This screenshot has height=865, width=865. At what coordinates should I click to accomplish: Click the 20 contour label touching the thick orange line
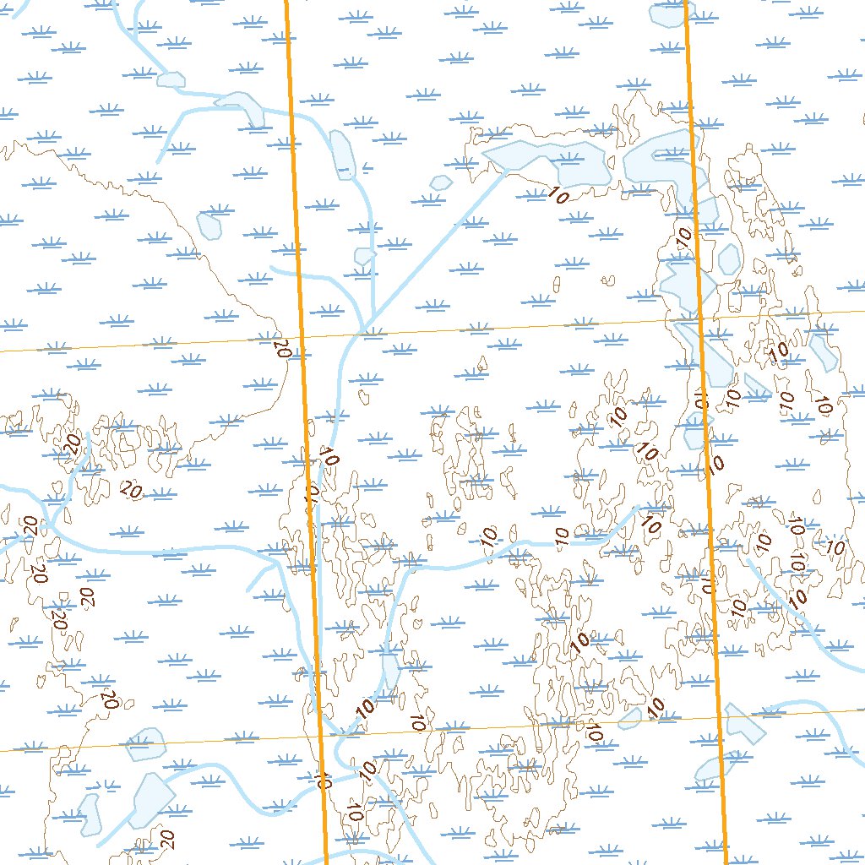click(282, 346)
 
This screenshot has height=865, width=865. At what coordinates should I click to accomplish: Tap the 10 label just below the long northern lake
click(558, 194)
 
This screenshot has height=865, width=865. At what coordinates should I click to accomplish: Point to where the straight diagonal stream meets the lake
click(505, 171)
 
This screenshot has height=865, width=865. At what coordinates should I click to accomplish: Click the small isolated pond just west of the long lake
click(440, 182)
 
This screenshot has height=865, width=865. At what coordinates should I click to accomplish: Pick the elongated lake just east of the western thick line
click(341, 154)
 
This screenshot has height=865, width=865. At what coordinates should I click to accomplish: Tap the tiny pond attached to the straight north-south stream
click(364, 256)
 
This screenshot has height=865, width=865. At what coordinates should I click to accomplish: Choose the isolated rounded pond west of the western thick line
click(209, 224)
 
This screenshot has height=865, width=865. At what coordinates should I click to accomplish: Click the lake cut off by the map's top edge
click(667, 13)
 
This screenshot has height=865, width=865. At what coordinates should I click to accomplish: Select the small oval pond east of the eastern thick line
click(728, 258)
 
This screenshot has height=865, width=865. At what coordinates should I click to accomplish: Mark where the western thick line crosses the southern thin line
click(323, 737)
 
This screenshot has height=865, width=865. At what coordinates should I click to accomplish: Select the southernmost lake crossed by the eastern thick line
click(708, 769)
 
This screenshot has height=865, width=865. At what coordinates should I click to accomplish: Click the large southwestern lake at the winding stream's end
click(152, 798)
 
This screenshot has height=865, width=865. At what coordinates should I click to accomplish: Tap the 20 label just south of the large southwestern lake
click(166, 839)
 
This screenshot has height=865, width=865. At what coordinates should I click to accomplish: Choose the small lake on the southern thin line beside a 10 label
click(631, 719)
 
